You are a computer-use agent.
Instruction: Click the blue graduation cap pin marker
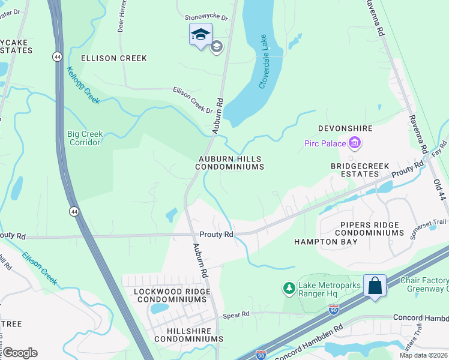[x=200, y=35]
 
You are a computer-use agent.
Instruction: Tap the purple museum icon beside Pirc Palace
[x=355, y=143]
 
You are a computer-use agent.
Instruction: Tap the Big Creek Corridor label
[x=85, y=138]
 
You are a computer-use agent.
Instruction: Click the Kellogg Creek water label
[x=83, y=86]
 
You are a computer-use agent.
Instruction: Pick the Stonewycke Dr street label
[x=206, y=18]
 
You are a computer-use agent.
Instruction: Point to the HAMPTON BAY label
[x=325, y=242]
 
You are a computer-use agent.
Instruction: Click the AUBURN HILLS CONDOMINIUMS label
[x=231, y=163]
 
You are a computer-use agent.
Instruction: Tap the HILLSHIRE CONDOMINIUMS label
[x=188, y=335]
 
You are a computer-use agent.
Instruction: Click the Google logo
[x=20, y=353]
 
